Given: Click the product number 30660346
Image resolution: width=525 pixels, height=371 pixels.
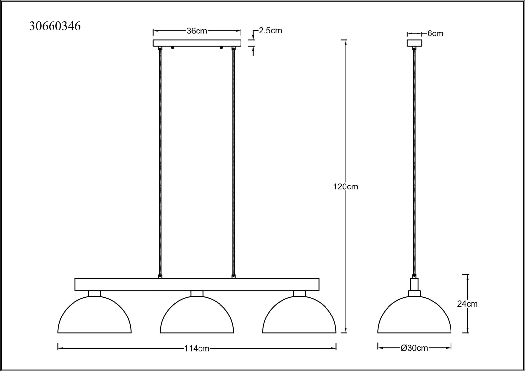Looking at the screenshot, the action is [x=55, y=26].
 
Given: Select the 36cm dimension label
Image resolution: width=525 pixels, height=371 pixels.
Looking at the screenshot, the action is [x=197, y=31].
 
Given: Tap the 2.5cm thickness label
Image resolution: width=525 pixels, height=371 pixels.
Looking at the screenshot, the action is [x=270, y=31].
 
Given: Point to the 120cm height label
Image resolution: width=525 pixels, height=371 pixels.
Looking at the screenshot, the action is [x=346, y=187].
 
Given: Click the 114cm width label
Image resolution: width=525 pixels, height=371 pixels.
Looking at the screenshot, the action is [x=197, y=348].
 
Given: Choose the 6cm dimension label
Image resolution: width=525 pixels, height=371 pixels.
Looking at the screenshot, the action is [x=435, y=33].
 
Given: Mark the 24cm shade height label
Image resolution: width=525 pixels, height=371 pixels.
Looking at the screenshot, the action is [x=467, y=304].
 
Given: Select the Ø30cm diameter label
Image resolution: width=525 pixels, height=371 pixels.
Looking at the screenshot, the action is [x=414, y=348].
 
